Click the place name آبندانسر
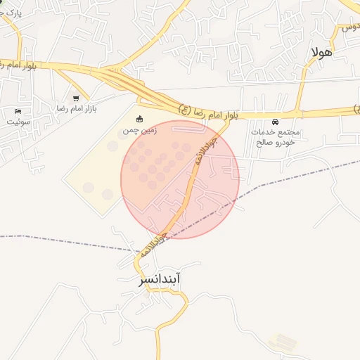(x=160, y=280)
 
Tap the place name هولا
(x=321, y=52)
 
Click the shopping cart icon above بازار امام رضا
(x=76, y=98)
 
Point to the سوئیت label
(x=19, y=121)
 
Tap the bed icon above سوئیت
(x=18, y=111)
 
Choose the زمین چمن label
(x=140, y=130)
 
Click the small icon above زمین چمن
(x=140, y=118)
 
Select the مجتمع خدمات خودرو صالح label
(x=274, y=136)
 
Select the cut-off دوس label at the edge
(x=349, y=28)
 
